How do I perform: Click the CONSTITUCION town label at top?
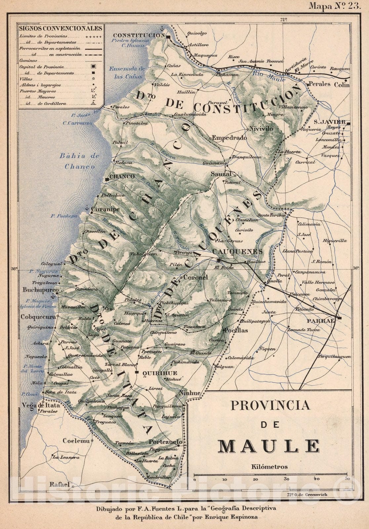click(x=139, y=35)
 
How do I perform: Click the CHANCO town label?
click(x=122, y=177)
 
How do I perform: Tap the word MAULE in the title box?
click(x=268, y=446)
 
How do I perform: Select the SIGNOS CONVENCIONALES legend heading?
click(x=60, y=28)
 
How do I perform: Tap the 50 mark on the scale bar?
click(x=347, y=479)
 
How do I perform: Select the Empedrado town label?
click(x=229, y=138)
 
